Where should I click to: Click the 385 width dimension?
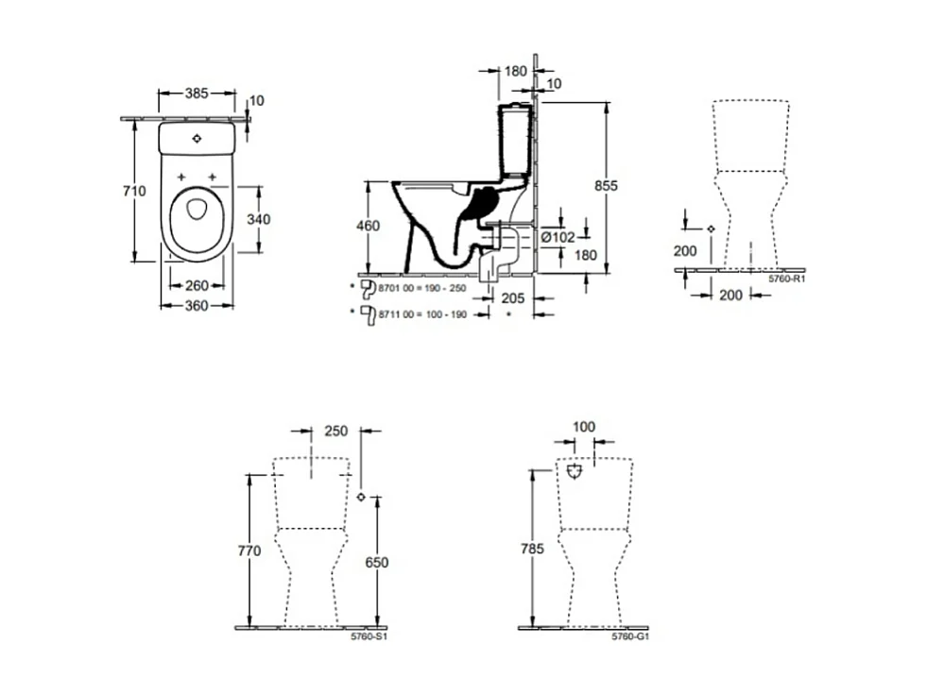pos(196,93)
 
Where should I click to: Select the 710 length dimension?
pos(135,192)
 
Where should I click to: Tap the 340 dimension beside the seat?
pos(258,219)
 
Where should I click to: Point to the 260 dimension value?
pos(197,285)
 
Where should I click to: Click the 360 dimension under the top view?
pos(196,305)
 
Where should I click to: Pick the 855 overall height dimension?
pos(605,187)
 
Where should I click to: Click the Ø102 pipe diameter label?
pos(558,237)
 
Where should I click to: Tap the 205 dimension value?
pos(511,297)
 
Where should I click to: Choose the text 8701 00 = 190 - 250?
pos(421,287)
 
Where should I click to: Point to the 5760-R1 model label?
pos(787,279)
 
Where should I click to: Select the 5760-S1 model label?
pos(371,636)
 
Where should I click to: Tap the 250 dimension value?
pos(335,431)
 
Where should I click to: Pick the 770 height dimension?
pos(249,551)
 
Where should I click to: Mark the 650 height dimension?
pos(376,562)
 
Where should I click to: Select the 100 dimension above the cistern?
pos(584,428)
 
